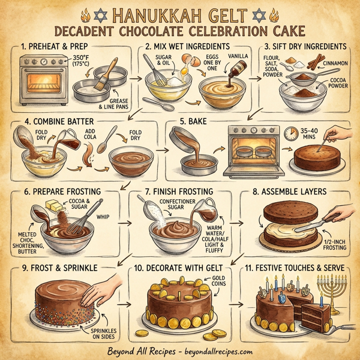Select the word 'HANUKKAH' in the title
[x=140, y=13]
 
